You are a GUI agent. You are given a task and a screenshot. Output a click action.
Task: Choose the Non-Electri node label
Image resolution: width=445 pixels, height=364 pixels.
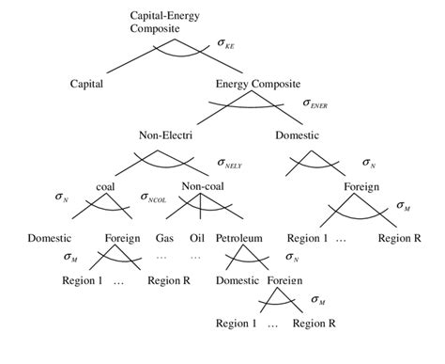point(167,135)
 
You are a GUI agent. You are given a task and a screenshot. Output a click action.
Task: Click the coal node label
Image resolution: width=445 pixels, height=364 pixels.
point(106,185)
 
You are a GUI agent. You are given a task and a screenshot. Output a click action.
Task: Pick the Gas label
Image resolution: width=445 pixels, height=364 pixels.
point(165,237)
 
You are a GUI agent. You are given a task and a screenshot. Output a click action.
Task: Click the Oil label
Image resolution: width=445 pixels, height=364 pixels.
point(196,237)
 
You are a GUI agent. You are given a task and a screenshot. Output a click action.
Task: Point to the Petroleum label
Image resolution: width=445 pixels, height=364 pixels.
point(238,237)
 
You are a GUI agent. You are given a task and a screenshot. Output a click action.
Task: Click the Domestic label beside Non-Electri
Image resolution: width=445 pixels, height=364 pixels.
point(298,135)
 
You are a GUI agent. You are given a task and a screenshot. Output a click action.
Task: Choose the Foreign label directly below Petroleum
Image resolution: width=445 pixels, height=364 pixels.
point(284,280)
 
